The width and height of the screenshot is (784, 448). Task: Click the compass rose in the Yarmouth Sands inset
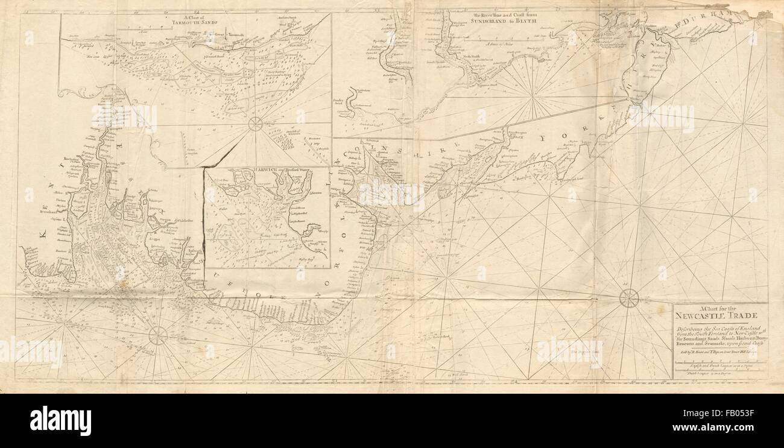pos(256,124)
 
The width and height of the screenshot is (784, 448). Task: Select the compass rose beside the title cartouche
pos(629,297)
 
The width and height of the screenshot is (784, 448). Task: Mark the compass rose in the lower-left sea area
pos(158,335)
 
